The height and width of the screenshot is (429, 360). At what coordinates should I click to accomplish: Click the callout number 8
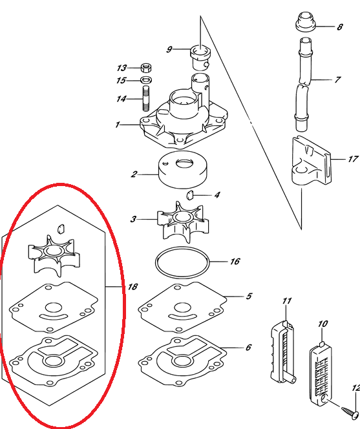pos(340,27)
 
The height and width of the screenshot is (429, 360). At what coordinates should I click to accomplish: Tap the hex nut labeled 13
pos(146,68)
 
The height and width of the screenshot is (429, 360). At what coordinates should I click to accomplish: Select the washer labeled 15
pos(147,80)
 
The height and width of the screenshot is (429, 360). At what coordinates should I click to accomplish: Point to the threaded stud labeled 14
pos(146,98)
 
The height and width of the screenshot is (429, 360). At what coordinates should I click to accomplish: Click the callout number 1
pos(118,125)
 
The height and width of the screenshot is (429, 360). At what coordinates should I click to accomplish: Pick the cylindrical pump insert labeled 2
pos(183,170)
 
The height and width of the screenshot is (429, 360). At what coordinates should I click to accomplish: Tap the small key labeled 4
pos(190,196)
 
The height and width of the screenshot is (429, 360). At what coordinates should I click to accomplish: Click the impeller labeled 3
pos(183,222)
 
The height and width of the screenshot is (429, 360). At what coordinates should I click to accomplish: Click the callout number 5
pos(249,296)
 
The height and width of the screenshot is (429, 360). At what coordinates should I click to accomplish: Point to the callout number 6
pos(248,347)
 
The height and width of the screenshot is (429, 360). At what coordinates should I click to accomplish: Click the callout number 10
pos(323,324)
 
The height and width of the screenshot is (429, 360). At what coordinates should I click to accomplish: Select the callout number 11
pos(286,301)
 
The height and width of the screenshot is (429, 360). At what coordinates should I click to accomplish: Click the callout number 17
pos(353,159)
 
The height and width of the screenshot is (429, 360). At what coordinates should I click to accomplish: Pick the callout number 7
pos(337,79)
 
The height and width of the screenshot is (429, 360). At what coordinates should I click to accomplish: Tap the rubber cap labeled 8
pos(306,22)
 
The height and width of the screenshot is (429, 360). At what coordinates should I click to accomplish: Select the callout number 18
pos(132,286)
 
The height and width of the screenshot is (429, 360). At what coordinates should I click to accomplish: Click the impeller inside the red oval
pos(54,255)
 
